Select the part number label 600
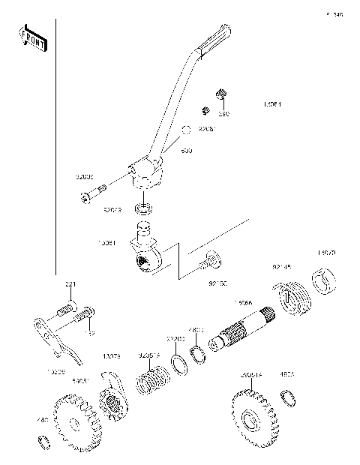(186, 151)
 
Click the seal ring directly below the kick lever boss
(144, 207)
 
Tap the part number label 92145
(282, 266)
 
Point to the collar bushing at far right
(325, 284)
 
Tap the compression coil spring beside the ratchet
(154, 378)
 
